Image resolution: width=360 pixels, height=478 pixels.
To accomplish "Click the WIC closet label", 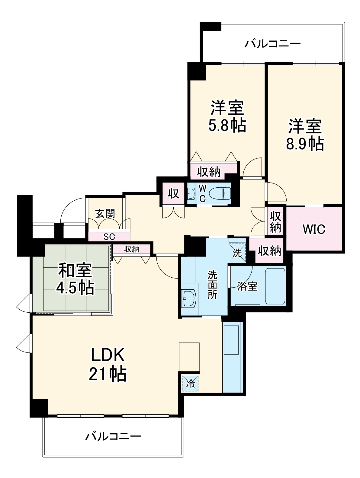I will click(x=314, y=229).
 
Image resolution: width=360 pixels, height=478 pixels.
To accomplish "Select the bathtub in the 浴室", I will click(x=275, y=286).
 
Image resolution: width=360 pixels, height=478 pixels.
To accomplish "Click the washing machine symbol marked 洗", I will click(x=237, y=253).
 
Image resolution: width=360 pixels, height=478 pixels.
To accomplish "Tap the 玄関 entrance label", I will click(x=105, y=214).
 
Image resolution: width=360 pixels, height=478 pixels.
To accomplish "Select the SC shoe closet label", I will click(x=109, y=237).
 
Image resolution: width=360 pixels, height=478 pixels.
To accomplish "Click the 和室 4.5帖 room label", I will click(x=76, y=279).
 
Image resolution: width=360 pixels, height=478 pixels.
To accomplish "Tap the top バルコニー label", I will click(x=272, y=44).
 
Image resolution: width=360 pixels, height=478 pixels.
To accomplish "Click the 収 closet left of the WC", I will click(x=174, y=193).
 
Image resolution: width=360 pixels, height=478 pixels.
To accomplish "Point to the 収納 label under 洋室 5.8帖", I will click(x=209, y=172).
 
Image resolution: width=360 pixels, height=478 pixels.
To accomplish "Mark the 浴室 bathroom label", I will click(x=247, y=286).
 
